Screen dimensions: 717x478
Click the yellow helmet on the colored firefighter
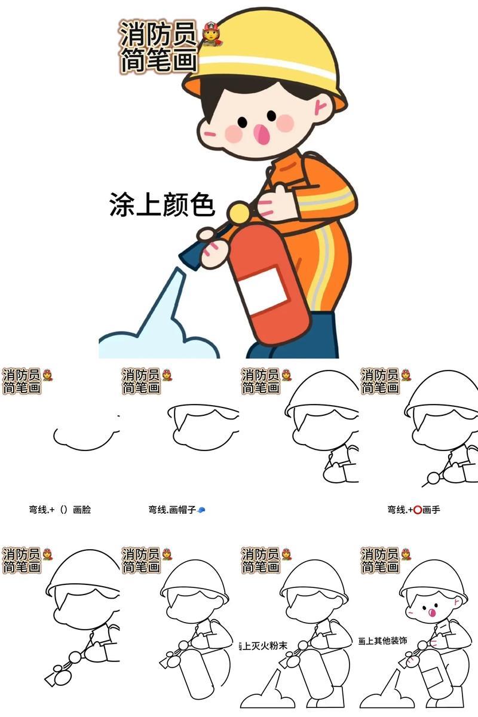pos(269,45)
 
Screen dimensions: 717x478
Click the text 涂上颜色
pos(161,205)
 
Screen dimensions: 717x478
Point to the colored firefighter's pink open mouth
pos(261,134)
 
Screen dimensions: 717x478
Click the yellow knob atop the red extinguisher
pos(239,212)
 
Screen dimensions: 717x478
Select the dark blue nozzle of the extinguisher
pos(191,254)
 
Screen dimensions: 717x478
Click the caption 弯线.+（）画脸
pos(60,510)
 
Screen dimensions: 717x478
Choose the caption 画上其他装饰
pos(382,641)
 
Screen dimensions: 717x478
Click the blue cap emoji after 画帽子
pos(201,510)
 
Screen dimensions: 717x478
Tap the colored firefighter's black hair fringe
pos(251,90)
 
